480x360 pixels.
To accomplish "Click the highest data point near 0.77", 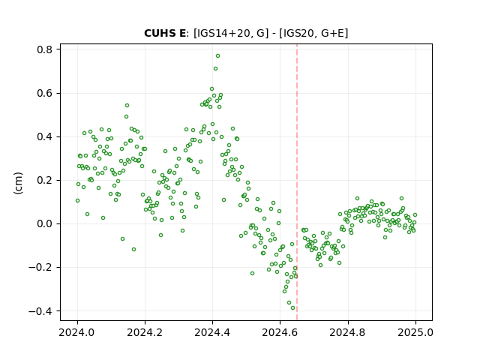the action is coord(217,56).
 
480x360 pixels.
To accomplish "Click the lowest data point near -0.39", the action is coord(292,308).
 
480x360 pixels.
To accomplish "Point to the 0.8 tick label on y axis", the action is coord(45,49).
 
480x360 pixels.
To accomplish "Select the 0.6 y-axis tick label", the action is coord(45,93).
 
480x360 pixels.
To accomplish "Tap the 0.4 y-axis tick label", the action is coord(45,136).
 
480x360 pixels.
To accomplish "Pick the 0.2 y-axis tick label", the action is coord(45,180).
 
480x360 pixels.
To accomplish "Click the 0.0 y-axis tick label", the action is coord(45,223).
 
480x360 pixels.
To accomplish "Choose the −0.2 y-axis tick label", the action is coord(40,268).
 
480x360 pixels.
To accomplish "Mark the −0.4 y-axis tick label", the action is coord(40,311).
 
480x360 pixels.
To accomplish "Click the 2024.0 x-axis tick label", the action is coord(77,332).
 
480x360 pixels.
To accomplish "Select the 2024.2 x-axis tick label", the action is coord(145,332).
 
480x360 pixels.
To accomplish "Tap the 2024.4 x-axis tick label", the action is coord(212,332).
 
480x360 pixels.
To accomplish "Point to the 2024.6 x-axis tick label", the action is coord(280,332).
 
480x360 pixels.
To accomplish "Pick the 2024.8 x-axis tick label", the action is coord(348,332).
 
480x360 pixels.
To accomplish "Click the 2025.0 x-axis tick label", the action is coord(415,332).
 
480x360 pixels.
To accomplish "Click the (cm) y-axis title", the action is coord(18,183).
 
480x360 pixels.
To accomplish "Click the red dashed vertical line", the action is coord(297,182).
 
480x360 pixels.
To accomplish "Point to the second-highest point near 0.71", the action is coord(215,68).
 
